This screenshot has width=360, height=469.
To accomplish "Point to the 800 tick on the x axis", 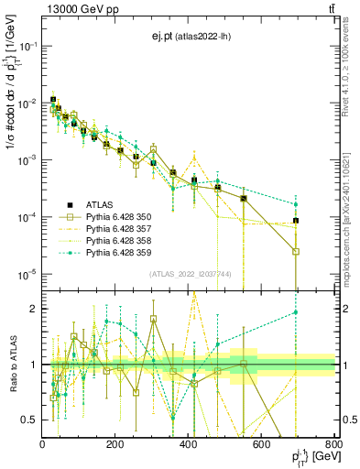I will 333,445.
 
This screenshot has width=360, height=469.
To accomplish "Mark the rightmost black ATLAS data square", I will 296,221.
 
